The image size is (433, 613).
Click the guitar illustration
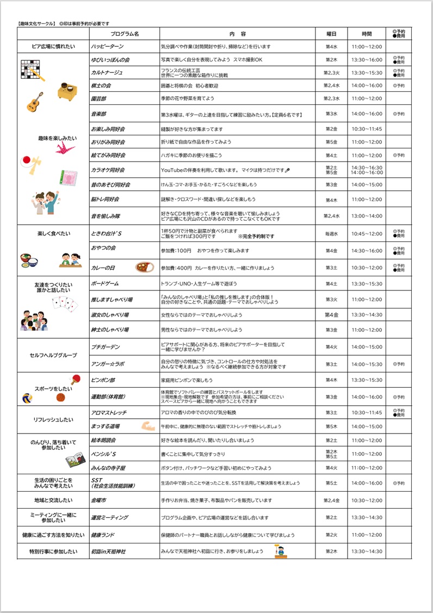point(35,102)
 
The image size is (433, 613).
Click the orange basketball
point(61,397)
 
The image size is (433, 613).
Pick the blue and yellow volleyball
point(27,398)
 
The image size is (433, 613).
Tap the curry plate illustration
point(145,267)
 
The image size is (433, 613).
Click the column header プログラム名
point(125,34)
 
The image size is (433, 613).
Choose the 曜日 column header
point(331,34)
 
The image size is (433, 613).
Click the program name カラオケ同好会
point(108,170)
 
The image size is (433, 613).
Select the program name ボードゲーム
point(104,284)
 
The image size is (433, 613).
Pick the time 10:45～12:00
point(366,234)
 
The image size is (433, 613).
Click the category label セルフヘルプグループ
point(53,355)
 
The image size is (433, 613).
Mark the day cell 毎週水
point(331,234)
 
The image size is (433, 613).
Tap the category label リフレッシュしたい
point(53,419)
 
